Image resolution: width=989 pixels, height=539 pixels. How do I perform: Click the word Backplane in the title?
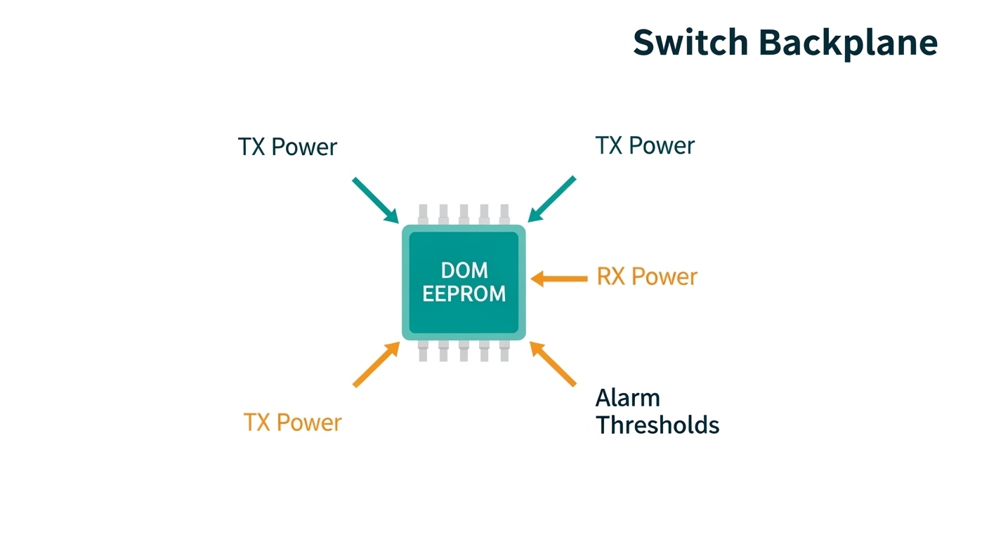(x=848, y=44)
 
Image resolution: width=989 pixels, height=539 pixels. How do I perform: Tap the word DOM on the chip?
(x=464, y=270)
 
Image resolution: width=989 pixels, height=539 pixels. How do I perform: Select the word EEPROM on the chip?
(x=464, y=293)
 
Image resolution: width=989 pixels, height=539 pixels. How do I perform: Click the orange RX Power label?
(x=647, y=277)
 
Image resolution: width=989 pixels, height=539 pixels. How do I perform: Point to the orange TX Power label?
(x=292, y=422)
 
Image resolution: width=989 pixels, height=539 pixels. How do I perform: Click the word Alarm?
(x=627, y=398)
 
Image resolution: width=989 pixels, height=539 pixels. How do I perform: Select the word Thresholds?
(x=657, y=425)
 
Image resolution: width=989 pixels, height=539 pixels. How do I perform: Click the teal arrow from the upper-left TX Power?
(x=375, y=199)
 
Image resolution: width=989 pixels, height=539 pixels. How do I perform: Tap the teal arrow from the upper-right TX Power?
(x=552, y=199)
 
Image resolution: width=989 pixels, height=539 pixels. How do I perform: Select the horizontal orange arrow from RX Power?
(x=559, y=279)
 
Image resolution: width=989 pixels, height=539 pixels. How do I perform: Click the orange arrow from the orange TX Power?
(x=376, y=364)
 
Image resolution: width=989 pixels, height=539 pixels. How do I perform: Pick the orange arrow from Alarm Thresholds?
(x=553, y=364)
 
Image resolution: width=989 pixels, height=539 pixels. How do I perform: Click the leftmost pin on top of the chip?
(x=423, y=214)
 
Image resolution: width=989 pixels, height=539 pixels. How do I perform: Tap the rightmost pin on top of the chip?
(x=504, y=214)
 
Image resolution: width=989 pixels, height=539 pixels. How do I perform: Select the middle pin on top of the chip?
(x=464, y=214)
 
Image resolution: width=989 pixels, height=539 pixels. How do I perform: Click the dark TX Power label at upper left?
(x=287, y=147)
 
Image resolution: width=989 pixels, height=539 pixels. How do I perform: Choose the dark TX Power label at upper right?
(x=645, y=146)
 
